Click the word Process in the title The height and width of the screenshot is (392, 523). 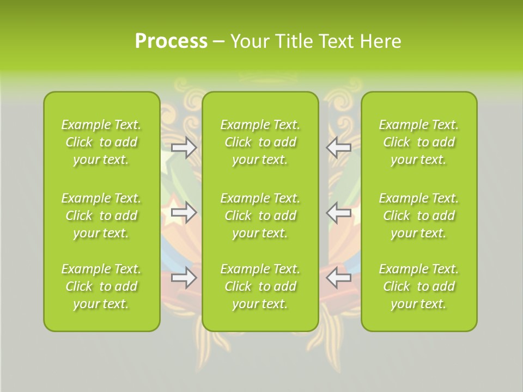171,41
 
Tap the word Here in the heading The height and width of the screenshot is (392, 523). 380,41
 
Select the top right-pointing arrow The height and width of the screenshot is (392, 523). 184,148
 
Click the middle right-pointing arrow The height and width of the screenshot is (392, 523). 184,212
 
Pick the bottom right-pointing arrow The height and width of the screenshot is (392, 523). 184,278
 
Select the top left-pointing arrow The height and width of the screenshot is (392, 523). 339,147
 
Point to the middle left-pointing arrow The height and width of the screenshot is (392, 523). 339,212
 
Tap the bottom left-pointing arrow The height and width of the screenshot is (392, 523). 339,278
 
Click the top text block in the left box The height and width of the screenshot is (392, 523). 101,142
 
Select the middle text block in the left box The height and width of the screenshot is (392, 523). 101,216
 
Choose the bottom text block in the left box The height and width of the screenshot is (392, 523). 101,286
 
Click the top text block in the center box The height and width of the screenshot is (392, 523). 260,142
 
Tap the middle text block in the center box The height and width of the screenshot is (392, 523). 260,216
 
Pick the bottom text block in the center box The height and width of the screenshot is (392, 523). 260,286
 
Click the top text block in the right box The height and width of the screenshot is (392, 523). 418,142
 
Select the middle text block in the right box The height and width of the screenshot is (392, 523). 418,216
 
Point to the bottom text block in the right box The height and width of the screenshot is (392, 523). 418,286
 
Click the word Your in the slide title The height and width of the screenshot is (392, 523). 250,41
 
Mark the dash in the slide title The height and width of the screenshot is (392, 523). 219,42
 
